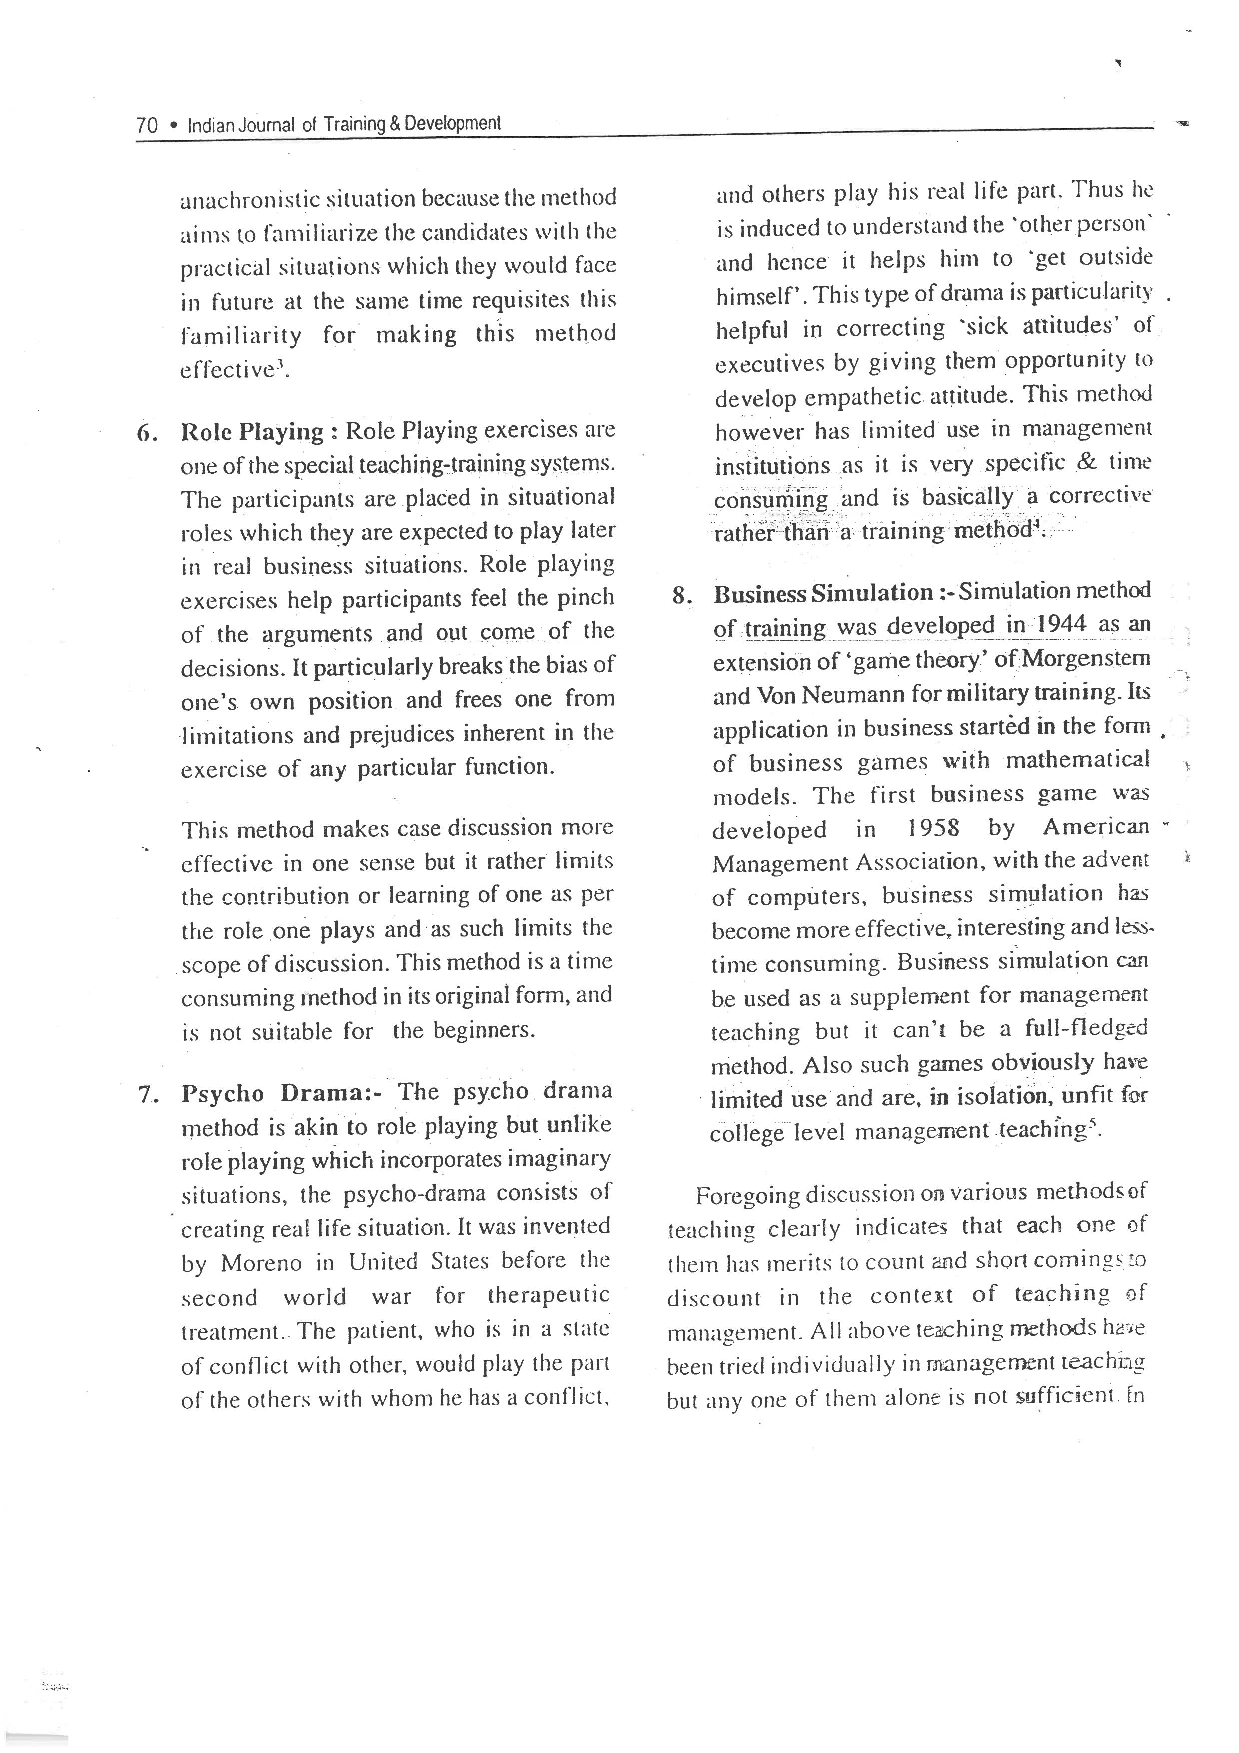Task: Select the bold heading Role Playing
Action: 252,432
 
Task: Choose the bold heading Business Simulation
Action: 823,593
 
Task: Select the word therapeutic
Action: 548,1296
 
